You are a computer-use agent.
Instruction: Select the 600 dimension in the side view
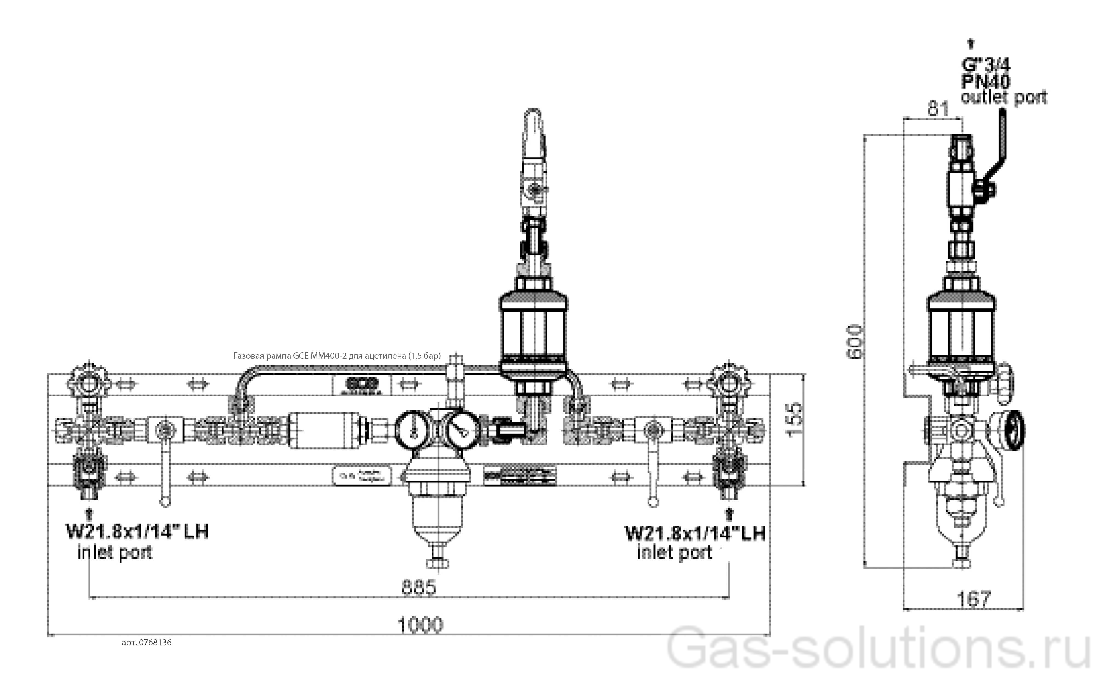[x=855, y=342]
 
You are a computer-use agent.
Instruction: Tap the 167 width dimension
[x=973, y=599]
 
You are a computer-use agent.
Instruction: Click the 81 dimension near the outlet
[x=938, y=109]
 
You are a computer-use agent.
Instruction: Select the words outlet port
[x=1003, y=97]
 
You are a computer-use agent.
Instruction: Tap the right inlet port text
[x=674, y=552]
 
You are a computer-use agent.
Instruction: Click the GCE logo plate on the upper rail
[x=362, y=385]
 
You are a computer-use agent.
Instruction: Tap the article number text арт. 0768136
[x=147, y=643]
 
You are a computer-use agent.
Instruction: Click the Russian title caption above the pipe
[x=337, y=356]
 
